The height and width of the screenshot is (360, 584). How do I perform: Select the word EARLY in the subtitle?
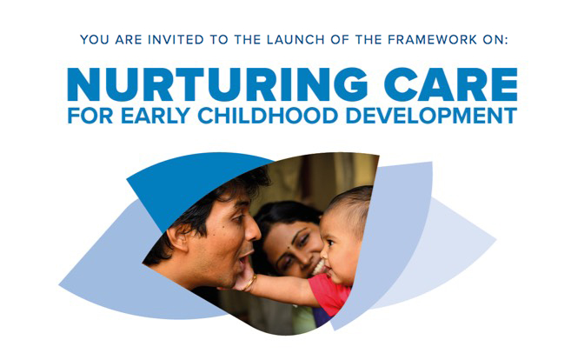(x=156, y=116)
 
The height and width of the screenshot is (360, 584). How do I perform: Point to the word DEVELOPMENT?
(x=431, y=116)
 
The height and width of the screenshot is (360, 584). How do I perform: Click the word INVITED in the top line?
(x=176, y=39)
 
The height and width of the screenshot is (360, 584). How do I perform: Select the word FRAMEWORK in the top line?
(x=433, y=39)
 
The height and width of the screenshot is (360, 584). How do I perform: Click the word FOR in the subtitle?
(x=90, y=116)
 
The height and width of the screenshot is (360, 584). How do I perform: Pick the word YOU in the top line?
(x=95, y=39)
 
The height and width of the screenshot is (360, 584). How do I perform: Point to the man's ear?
(x=178, y=239)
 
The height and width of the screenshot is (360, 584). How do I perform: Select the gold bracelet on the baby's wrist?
(x=249, y=283)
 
